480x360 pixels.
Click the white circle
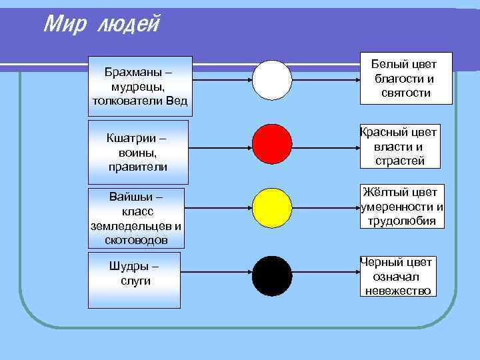(x=272, y=80)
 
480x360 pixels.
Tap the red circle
(x=272, y=144)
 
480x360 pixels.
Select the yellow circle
(x=272, y=209)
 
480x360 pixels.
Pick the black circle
(x=272, y=276)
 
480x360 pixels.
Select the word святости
(x=406, y=93)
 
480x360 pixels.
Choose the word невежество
(x=397, y=291)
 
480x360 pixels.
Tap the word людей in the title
(x=129, y=25)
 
